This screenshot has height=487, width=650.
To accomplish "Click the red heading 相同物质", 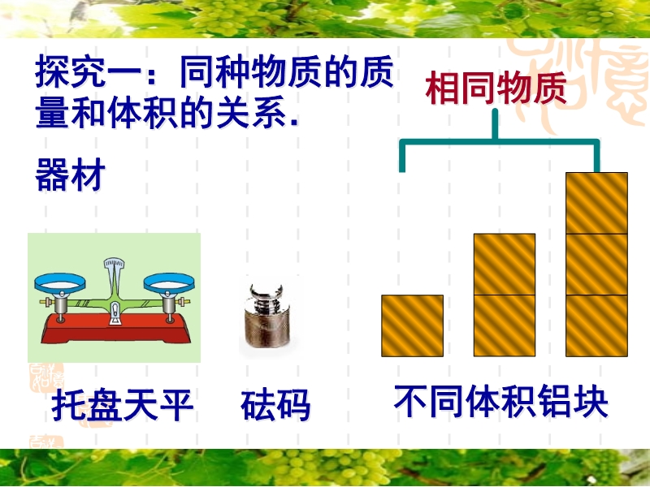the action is (496, 88).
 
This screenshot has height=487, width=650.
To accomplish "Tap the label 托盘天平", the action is (123, 405).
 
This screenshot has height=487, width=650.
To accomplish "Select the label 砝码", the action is (275, 405).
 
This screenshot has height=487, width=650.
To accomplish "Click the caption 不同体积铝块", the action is (501, 401).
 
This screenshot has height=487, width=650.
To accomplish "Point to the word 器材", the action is (71, 175).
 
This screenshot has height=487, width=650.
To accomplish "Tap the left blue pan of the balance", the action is (60, 282).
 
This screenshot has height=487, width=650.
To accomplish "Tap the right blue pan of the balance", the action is (169, 282).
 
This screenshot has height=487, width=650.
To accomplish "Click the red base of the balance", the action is (115, 329).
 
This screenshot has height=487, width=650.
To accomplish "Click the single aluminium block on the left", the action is (413, 326).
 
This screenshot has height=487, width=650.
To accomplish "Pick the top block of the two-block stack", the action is (505, 265).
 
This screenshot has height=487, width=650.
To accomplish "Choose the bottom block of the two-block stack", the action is (505, 326).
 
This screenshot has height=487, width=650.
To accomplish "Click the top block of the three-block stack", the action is (597, 204).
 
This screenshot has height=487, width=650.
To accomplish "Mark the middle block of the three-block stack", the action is (597, 265).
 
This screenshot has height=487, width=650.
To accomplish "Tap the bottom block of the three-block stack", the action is (597, 326).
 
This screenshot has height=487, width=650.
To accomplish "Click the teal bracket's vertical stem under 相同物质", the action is (495, 124).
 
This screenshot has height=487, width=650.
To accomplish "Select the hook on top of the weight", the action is (266, 292).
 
